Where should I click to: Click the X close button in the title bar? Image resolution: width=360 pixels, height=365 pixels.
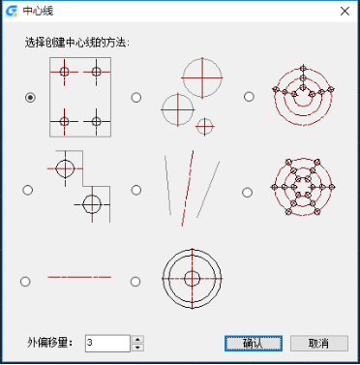click(x=345, y=11)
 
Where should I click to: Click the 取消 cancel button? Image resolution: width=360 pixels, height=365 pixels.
click(x=319, y=343)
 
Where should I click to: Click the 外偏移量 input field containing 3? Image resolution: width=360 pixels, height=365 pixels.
click(x=107, y=343)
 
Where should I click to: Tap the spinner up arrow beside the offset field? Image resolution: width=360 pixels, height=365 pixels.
click(x=137, y=339)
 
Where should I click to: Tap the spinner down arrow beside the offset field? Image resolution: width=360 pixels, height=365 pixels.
click(x=137, y=348)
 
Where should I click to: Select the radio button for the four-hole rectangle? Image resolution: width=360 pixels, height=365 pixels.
click(x=30, y=97)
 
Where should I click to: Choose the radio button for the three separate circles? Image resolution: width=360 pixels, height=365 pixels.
click(x=136, y=97)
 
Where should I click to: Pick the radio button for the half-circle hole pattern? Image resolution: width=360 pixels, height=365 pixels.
click(x=249, y=97)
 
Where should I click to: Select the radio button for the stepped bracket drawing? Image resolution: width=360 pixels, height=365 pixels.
click(x=28, y=190)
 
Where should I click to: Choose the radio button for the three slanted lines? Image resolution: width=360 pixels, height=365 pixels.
click(x=136, y=190)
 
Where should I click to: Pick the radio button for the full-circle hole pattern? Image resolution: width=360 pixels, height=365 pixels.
click(x=247, y=193)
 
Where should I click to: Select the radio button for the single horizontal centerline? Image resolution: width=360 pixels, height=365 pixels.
click(x=25, y=282)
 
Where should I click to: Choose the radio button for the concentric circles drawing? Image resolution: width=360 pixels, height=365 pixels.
click(x=135, y=282)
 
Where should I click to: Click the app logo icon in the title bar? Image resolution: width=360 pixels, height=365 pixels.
click(x=12, y=11)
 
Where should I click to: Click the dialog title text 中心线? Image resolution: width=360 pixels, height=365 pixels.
click(x=38, y=11)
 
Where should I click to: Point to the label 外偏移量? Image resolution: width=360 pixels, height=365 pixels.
click(x=49, y=343)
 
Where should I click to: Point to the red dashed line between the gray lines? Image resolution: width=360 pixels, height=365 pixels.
click(x=188, y=188)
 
